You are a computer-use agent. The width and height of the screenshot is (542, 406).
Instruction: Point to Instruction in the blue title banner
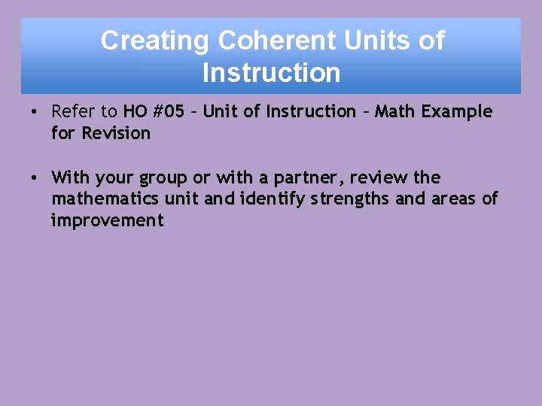click(x=271, y=73)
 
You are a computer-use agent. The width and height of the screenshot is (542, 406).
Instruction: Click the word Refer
click(x=74, y=112)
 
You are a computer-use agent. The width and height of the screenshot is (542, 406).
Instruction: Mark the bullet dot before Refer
click(x=35, y=113)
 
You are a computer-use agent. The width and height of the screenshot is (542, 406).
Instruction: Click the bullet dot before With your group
click(x=35, y=178)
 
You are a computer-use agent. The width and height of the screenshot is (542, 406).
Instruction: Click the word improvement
click(x=107, y=221)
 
